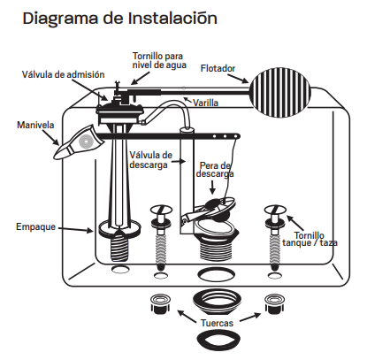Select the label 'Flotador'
[220, 68]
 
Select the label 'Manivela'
[35, 125]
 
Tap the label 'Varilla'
[207, 103]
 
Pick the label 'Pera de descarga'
[216, 170]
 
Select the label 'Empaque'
[36, 227]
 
